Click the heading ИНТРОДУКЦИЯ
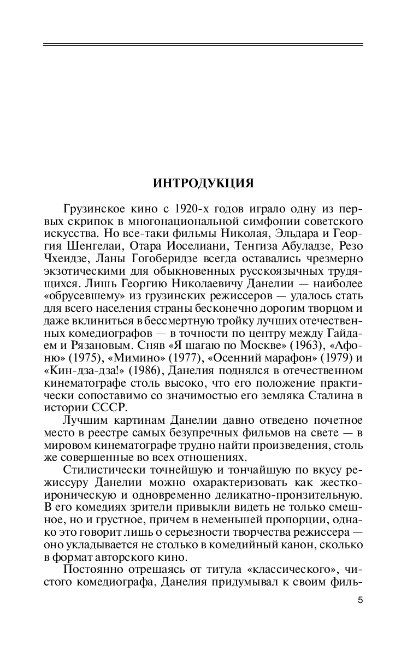203,184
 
